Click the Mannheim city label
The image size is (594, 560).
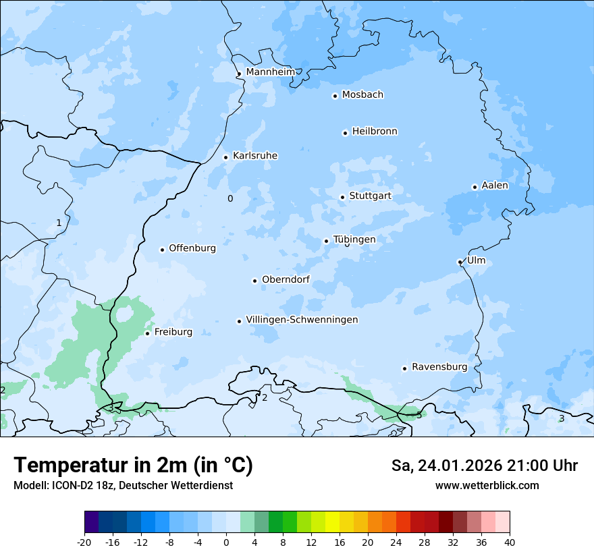pos(270,72)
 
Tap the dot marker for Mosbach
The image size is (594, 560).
pos(335,96)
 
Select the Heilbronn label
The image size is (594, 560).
pos(375,131)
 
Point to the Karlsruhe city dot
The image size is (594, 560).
pos(226,157)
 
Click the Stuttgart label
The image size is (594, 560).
pos(370,196)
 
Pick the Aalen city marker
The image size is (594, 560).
pos(475,187)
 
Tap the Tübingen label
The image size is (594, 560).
pos(354,240)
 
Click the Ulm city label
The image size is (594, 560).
pos(476,260)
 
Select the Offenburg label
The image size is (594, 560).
pos(192,248)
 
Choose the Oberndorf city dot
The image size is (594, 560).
pos(255,281)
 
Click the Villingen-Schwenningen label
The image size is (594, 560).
pos(302,320)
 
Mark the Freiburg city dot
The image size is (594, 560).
pos(148,333)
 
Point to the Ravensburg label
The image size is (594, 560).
pos(439,367)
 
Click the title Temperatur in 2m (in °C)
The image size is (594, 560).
pos(133,466)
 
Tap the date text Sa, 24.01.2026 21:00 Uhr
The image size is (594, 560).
pos(484,466)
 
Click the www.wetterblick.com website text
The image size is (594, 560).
pos(487,485)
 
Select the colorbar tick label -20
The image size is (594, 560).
pos(84,542)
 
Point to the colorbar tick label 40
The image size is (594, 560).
pos(510,542)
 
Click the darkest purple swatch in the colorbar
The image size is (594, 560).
pos(92,522)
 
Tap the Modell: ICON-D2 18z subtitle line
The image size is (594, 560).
pos(123,485)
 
